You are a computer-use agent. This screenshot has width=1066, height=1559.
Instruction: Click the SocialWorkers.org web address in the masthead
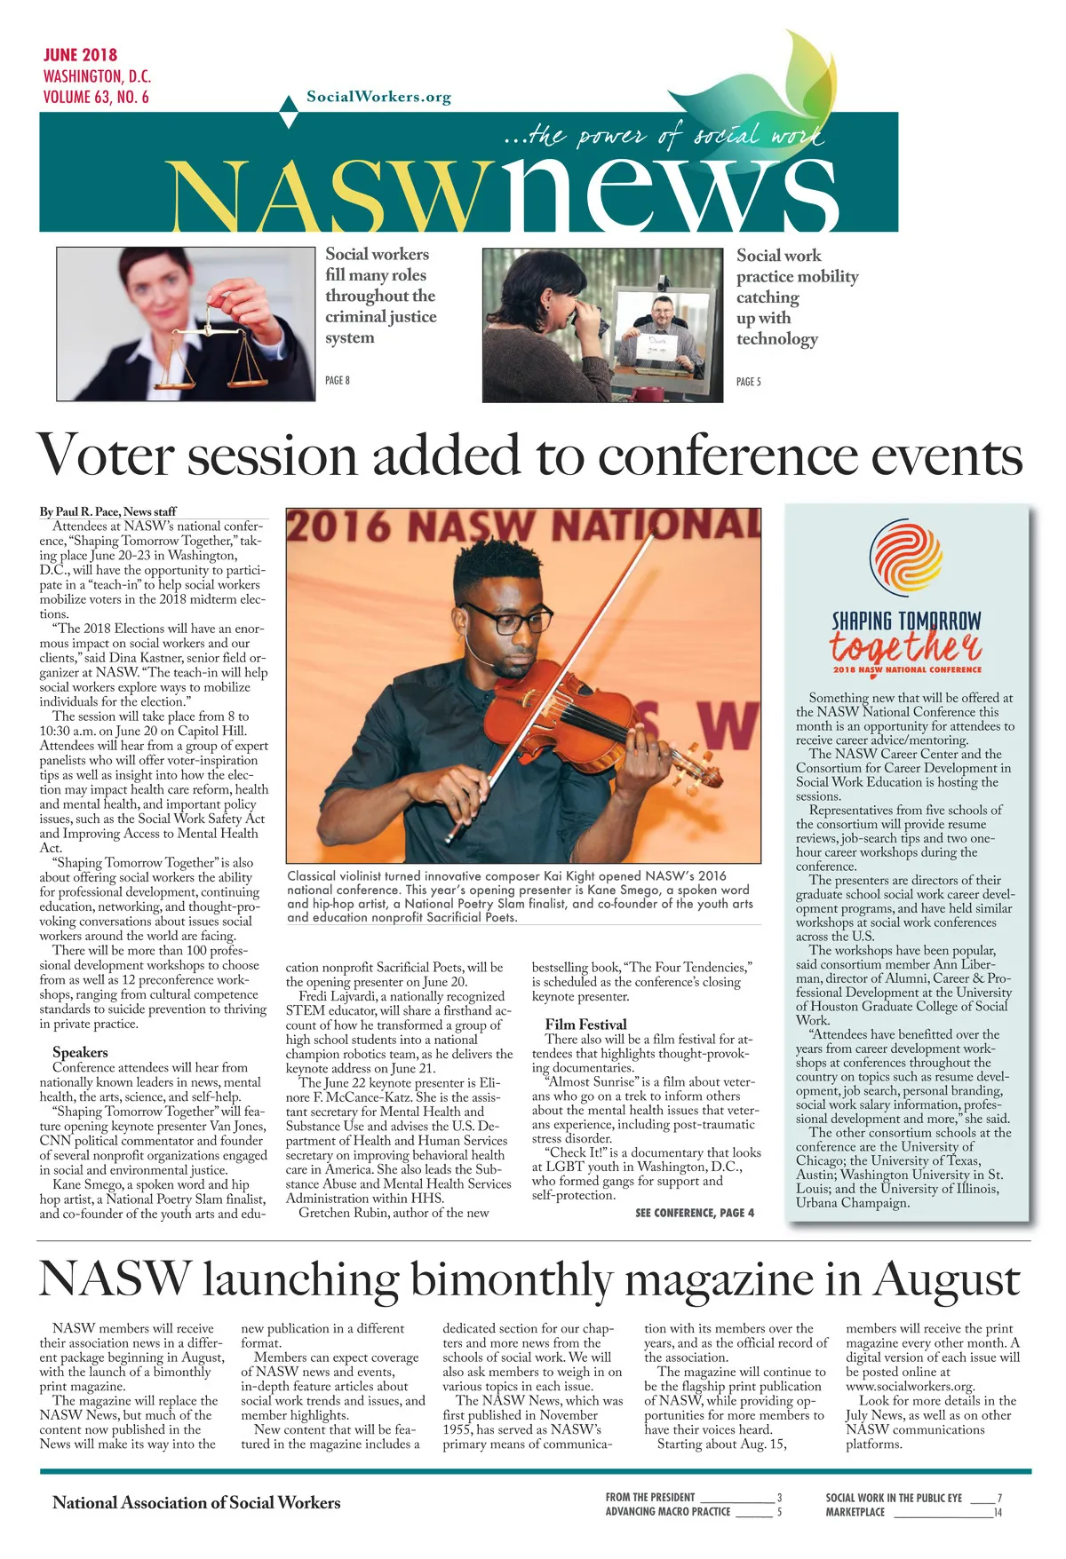coord(378,97)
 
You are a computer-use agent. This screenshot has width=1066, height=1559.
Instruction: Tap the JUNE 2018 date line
coord(80,55)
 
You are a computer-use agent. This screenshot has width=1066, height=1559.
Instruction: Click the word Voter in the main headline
coord(105,455)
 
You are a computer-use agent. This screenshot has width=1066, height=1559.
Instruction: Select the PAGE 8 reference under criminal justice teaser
coord(338,381)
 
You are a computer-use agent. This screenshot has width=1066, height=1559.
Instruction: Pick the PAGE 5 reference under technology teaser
coord(749,382)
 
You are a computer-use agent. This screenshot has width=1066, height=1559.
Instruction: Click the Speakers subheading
coord(80,1052)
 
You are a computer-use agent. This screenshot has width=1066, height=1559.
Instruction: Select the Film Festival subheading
coord(585,1024)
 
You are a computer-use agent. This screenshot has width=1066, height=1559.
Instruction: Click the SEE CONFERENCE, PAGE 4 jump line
coord(695,1213)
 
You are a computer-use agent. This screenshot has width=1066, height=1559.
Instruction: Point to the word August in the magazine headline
coord(946,1279)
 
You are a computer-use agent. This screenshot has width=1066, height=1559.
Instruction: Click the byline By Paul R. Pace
coord(107,511)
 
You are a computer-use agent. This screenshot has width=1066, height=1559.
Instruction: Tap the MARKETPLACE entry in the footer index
coord(855,1512)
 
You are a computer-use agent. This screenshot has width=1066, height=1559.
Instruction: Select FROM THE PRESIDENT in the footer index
coord(650,1497)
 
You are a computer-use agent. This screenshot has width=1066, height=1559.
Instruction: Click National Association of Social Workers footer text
coord(196,1502)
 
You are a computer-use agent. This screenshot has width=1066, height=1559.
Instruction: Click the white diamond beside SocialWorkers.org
coord(289,115)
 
